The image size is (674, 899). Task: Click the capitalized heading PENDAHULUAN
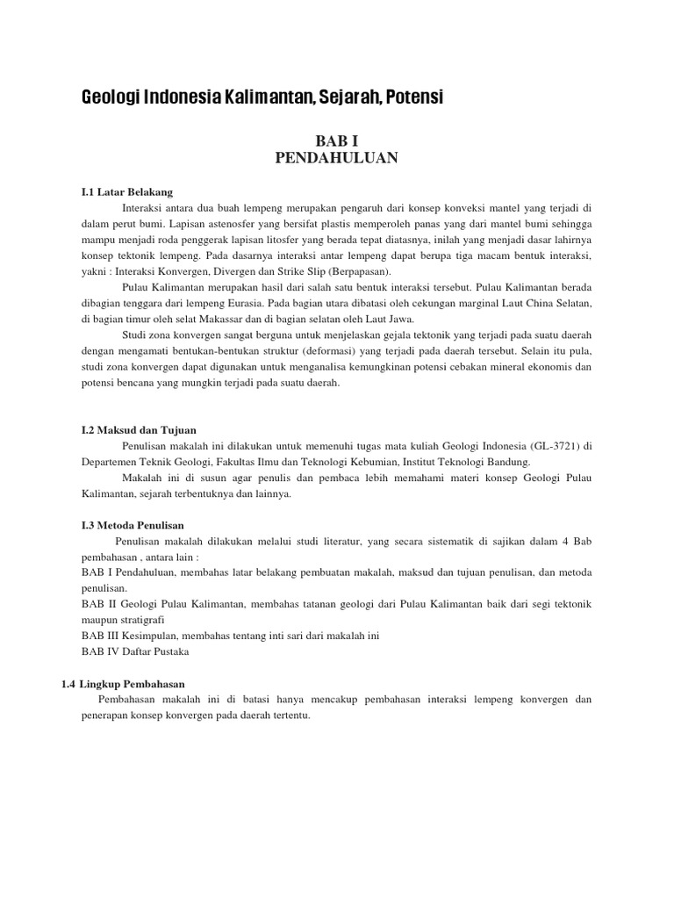(337, 157)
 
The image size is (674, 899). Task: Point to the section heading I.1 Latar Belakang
(127, 191)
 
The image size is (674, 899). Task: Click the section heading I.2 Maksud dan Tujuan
(139, 429)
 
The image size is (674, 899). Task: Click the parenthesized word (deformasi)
(308, 351)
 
